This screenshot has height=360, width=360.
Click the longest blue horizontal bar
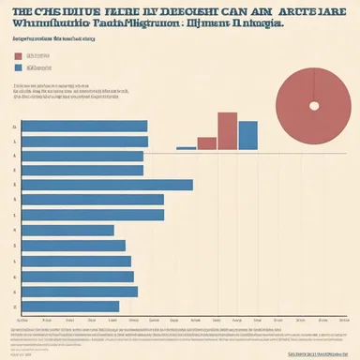[107, 185]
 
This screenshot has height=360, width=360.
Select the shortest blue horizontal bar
[67, 231]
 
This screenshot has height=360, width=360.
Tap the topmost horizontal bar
[84, 127]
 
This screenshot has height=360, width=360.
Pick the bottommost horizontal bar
[70, 307]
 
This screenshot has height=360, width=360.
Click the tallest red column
[227, 131]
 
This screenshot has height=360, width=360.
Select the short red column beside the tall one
[206, 143]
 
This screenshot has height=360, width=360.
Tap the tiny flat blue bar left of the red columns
[186, 148]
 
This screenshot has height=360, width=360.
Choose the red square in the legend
[19, 56]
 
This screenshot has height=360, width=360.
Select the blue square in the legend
[19, 68]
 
